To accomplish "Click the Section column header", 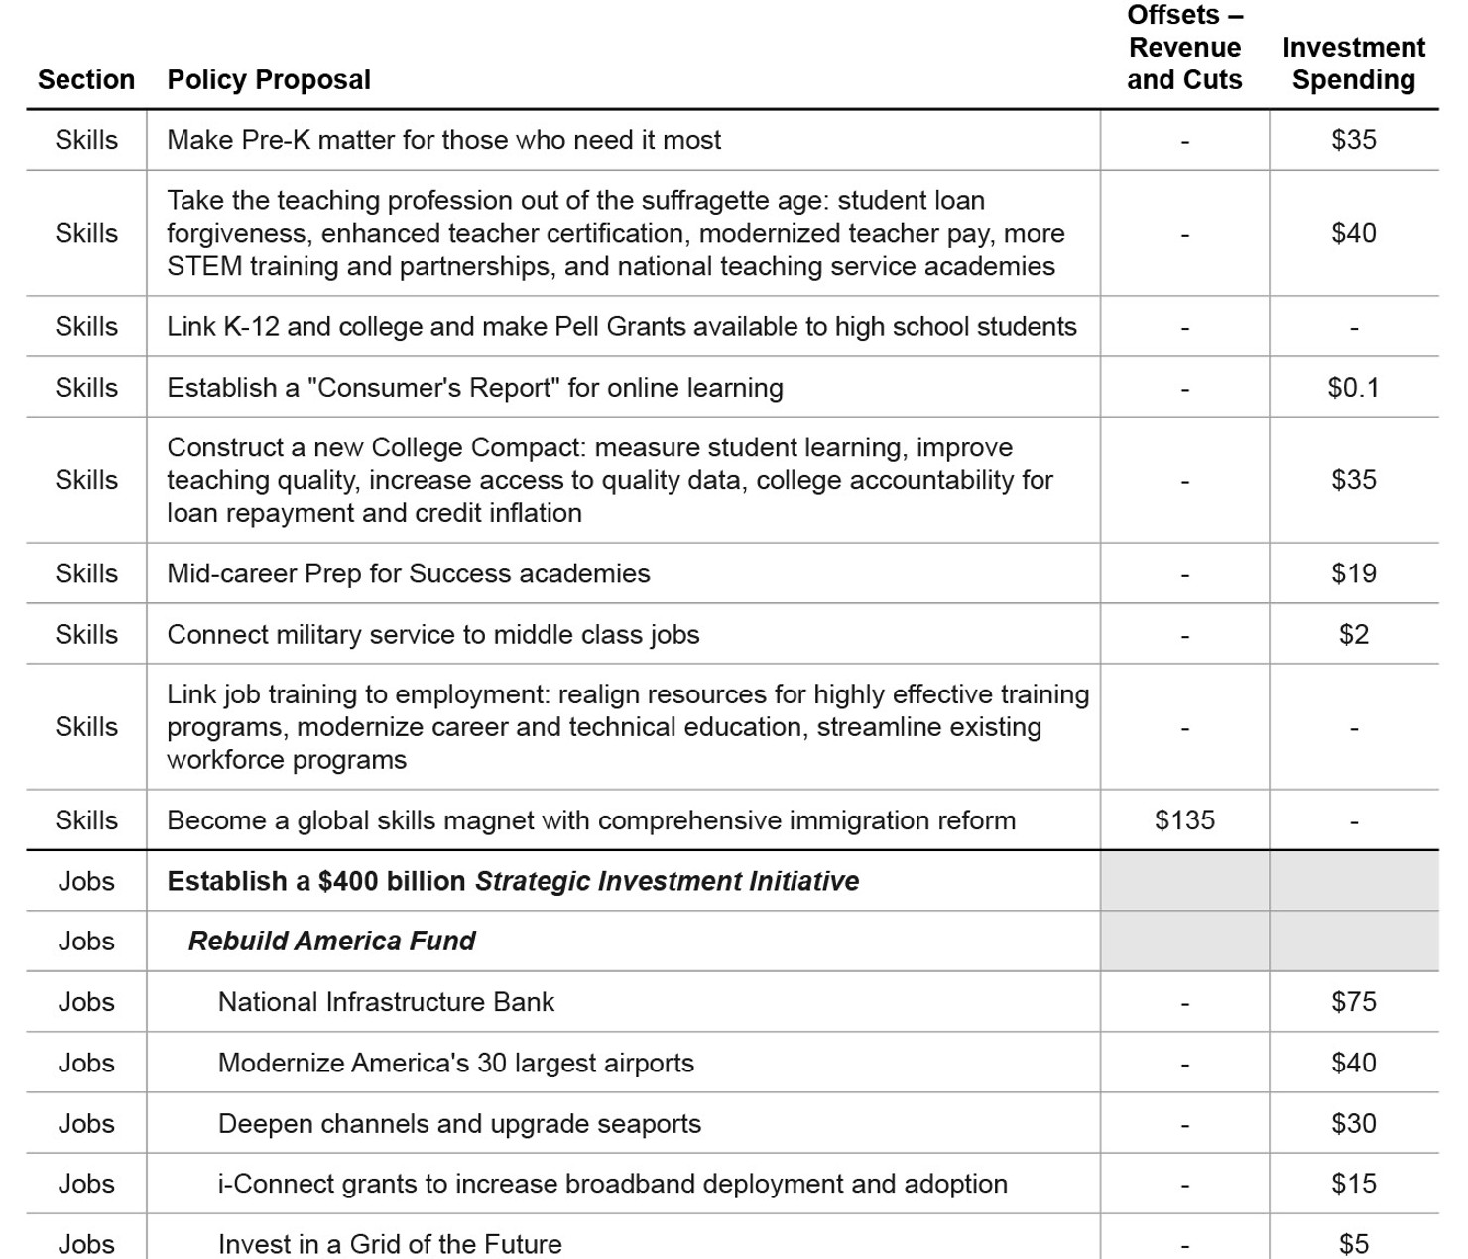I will click(86, 79).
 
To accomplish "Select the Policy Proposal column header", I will click(269, 79).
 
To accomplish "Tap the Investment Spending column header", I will click(1353, 63).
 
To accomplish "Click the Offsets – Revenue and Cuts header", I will click(1184, 48).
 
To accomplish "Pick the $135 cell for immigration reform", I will click(1184, 820).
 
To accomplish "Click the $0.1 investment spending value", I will click(1353, 388).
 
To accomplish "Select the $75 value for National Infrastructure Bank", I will click(1353, 1002).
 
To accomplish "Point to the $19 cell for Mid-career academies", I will click(1353, 573).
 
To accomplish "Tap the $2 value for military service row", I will click(1353, 635).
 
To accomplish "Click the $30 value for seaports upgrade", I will click(1353, 1123).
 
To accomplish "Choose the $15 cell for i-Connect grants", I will click(1353, 1184).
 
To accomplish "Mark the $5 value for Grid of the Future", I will click(1353, 1244).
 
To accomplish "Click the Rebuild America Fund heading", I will click(331, 941).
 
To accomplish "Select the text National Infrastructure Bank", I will click(386, 1002).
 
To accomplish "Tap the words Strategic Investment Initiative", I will click(667, 881).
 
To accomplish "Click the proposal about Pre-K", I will click(443, 140).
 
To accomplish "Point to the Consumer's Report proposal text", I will click(474, 388).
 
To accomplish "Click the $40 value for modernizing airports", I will click(1353, 1063).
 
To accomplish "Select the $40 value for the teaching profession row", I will click(1353, 233).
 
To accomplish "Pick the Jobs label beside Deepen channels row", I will click(86, 1123).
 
